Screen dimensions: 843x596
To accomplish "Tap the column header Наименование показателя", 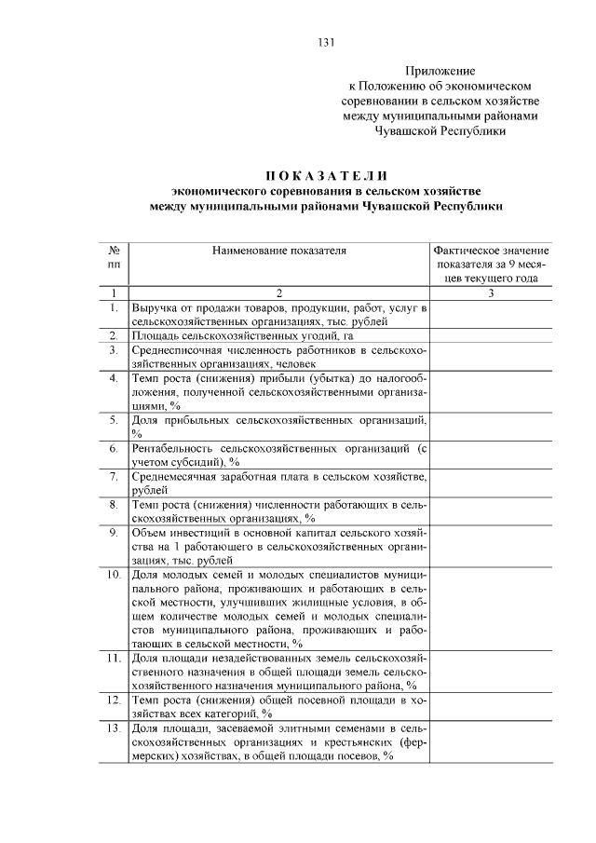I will pos(278,251).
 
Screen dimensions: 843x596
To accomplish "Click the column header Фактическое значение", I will pos(491,251).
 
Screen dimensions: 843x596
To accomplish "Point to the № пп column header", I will pos(113,257).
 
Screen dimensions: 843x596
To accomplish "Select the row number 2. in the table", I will pos(113,334).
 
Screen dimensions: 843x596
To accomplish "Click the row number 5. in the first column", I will pos(113,419).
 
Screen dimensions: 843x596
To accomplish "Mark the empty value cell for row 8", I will pos(491,510).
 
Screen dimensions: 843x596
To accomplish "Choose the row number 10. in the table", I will pos(113,575).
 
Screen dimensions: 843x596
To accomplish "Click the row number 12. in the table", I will pos(113,698).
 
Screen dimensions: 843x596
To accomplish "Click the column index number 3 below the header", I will pos(491,293).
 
